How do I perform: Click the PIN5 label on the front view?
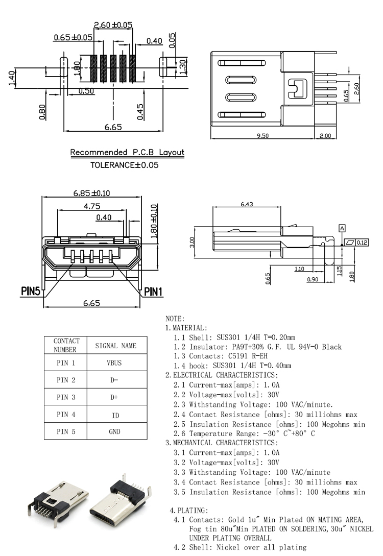(x=31, y=292)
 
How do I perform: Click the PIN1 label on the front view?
(x=153, y=292)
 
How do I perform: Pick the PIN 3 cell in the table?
(x=66, y=397)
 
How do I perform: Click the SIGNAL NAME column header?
(x=116, y=346)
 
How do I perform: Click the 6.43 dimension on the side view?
(x=247, y=205)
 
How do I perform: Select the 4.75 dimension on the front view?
(x=92, y=206)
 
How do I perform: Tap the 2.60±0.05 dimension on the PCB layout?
(x=113, y=25)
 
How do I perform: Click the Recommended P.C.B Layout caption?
(x=127, y=152)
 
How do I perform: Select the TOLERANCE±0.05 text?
(x=125, y=165)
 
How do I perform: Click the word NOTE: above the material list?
(x=175, y=319)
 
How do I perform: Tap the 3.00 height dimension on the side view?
(x=192, y=241)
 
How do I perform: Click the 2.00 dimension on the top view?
(x=325, y=135)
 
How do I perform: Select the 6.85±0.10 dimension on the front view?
(x=92, y=193)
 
